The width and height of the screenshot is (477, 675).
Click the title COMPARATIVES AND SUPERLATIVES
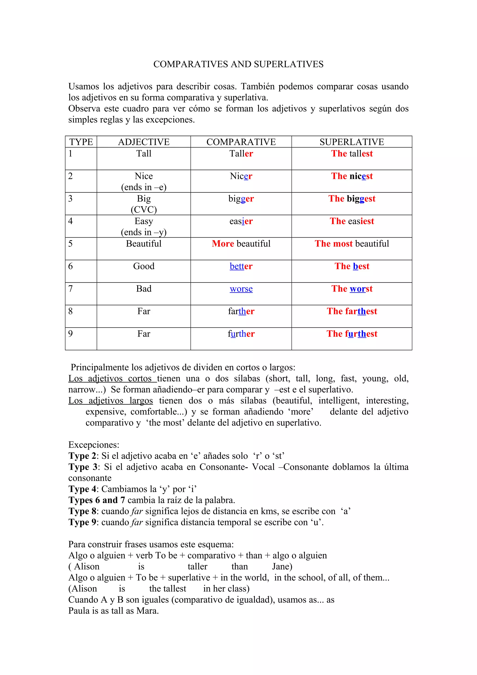tap(238, 64)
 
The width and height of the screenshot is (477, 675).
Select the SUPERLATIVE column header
tap(351, 142)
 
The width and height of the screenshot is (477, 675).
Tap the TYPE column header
tap(81, 142)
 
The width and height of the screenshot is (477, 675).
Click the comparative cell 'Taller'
tap(241, 153)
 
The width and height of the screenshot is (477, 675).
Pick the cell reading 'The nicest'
tap(351, 176)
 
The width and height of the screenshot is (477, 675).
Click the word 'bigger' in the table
tap(241, 199)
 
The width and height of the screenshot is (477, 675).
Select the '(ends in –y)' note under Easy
tap(143, 232)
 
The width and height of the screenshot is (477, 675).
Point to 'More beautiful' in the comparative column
tap(241, 244)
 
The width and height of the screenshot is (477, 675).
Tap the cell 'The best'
tap(351, 266)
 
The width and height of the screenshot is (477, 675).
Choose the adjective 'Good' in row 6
tap(143, 266)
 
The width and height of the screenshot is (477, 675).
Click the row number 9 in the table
tap(71, 334)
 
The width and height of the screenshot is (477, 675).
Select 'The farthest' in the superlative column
tap(351, 311)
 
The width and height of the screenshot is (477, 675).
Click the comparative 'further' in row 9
tap(241, 334)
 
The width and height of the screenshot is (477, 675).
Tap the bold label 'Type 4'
tap(82, 489)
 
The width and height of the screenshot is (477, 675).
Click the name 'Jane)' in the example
tap(282, 566)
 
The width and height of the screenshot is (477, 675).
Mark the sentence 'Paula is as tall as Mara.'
tap(113, 611)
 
